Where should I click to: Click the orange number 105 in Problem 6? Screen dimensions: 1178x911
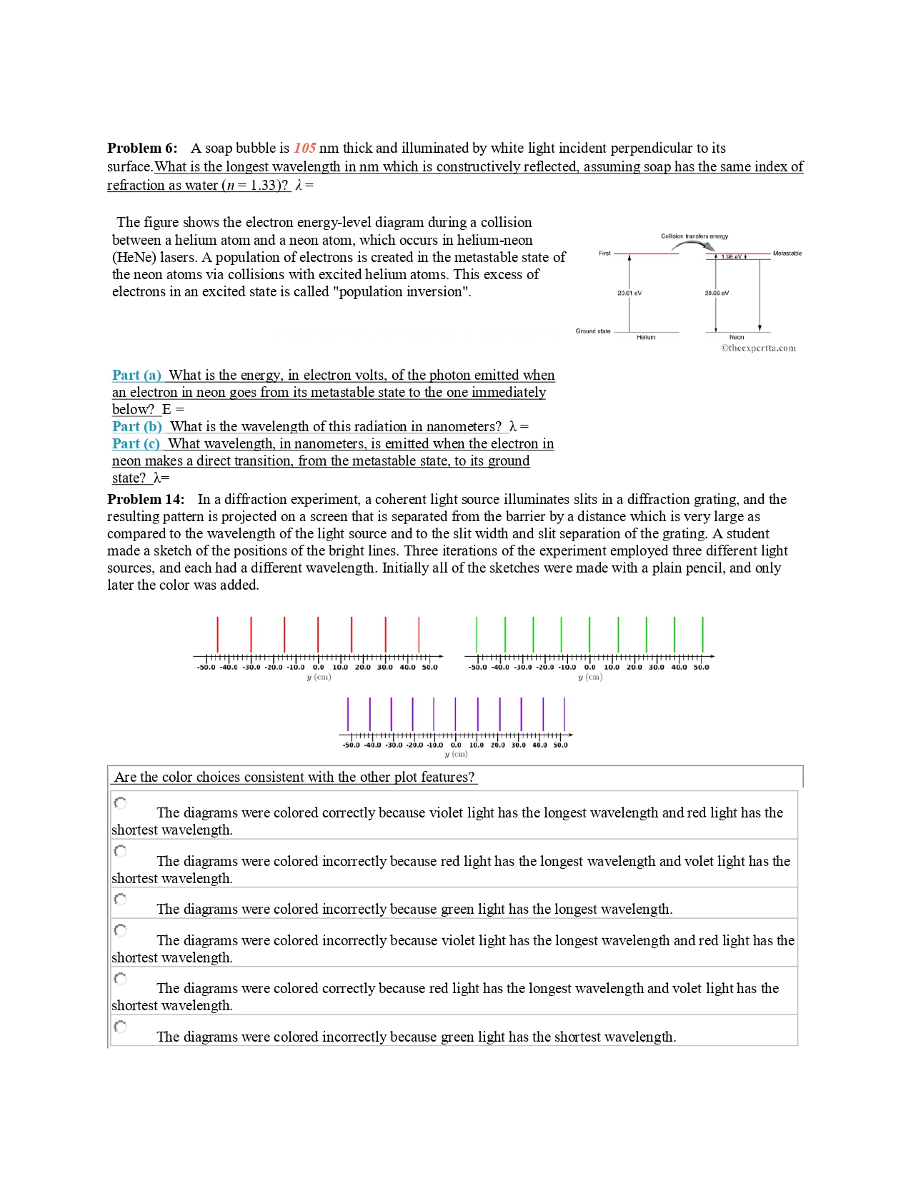[304, 148]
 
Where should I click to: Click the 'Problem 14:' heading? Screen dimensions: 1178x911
[146, 499]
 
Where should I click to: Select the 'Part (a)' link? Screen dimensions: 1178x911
[136, 375]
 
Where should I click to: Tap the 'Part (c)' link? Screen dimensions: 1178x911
[136, 443]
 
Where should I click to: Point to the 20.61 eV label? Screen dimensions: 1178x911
[629, 293]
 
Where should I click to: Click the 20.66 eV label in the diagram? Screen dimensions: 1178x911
[717, 293]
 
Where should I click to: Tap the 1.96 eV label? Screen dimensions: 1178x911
[730, 256]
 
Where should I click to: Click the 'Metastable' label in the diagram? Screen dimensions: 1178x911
[787, 253]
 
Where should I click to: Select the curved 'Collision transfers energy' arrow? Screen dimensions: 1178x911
[692, 245]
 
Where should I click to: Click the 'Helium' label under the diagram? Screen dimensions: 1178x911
[646, 337]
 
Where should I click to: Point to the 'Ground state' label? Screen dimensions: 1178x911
[593, 331]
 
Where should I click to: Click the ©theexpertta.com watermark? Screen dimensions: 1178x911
[758, 348]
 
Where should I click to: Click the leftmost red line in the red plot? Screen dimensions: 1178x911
[218, 634]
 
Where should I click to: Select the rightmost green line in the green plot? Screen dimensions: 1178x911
[703, 634]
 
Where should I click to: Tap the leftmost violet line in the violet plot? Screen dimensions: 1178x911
[348, 713]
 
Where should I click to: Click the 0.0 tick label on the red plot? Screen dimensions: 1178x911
[318, 668]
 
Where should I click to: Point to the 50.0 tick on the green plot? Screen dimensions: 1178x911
[702, 668]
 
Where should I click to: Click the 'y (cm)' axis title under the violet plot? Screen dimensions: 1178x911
[456, 754]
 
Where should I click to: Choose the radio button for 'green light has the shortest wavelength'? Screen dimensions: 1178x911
[121, 1027]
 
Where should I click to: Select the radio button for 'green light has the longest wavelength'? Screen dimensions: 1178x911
[121, 899]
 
